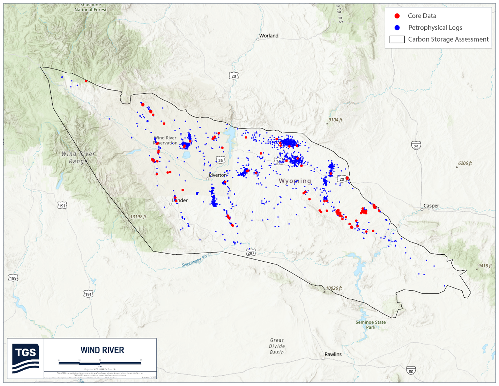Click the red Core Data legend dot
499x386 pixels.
click(397, 16)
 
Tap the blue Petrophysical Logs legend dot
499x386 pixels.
click(397, 28)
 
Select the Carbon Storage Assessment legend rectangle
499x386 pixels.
click(397, 39)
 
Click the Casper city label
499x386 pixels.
click(431, 206)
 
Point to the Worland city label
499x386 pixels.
click(269, 36)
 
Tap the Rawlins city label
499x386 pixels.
click(333, 354)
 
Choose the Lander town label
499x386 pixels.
click(180, 201)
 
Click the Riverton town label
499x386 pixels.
click(218, 175)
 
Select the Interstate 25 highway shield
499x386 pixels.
click(416, 146)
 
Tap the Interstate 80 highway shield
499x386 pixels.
click(411, 371)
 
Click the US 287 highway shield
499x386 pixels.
click(251, 252)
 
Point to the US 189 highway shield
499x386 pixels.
click(13, 278)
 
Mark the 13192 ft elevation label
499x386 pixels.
click(138, 217)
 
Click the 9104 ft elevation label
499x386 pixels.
click(335, 120)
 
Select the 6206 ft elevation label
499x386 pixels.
click(465, 163)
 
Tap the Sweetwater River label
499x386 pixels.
click(196, 260)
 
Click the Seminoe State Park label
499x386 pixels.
click(371, 325)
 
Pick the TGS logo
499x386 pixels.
click(25, 358)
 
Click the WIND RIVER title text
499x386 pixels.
click(102, 350)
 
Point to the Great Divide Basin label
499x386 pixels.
click(277, 346)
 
